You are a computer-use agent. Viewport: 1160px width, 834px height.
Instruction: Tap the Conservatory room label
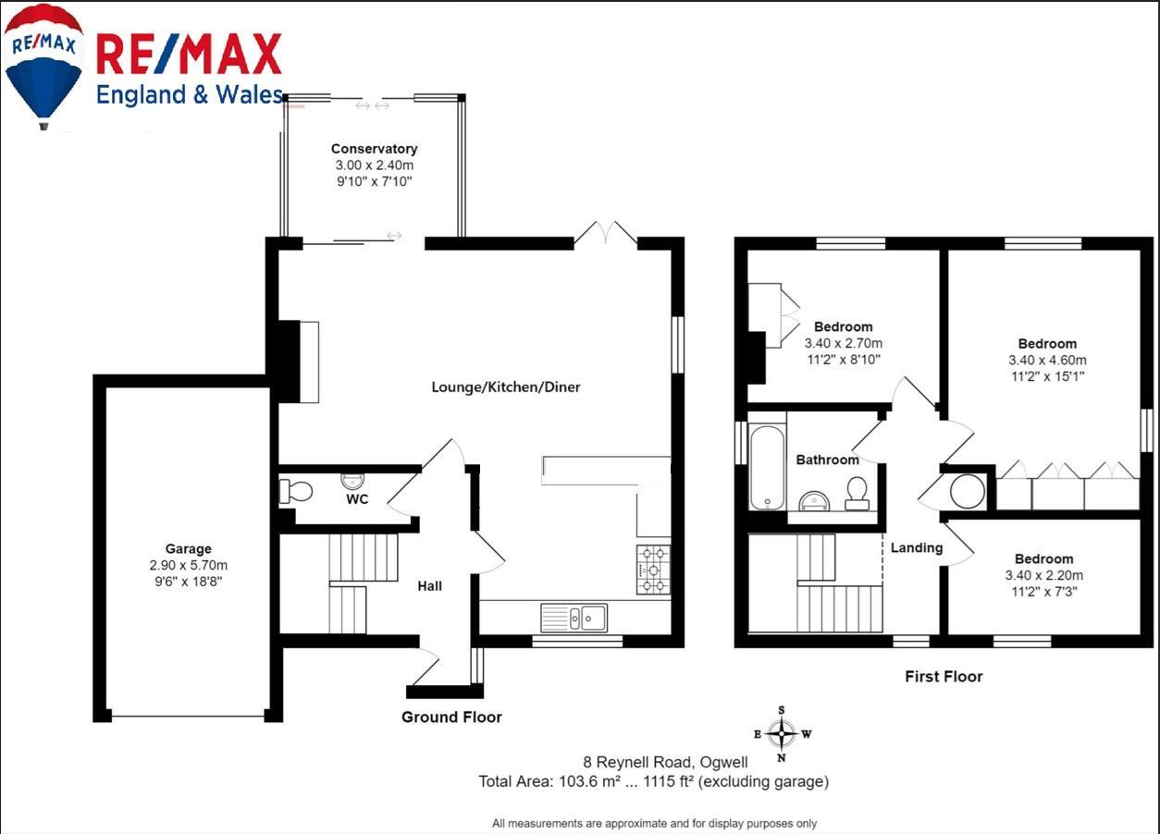(x=374, y=149)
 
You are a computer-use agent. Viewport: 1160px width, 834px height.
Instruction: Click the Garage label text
(x=189, y=549)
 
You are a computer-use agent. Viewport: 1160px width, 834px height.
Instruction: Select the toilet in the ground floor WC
(x=293, y=491)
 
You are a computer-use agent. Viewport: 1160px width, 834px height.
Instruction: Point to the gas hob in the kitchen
(x=653, y=570)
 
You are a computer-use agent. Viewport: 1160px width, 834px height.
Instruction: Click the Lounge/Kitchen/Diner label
(x=506, y=387)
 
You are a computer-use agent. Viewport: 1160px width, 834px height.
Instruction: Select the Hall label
(x=429, y=585)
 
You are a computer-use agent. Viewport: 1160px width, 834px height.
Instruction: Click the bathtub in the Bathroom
(x=767, y=467)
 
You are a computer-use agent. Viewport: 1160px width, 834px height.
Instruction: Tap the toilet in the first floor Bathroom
(x=857, y=492)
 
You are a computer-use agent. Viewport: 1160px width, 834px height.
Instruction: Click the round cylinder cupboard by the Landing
(x=968, y=491)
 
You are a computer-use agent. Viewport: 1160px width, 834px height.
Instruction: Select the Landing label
(x=916, y=547)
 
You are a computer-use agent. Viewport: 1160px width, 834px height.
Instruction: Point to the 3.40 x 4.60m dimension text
(x=1047, y=361)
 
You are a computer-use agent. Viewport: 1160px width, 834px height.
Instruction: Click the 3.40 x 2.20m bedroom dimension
(x=1043, y=575)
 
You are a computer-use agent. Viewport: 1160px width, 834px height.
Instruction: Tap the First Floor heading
(x=943, y=677)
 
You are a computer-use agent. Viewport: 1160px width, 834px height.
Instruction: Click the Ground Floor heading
(x=451, y=717)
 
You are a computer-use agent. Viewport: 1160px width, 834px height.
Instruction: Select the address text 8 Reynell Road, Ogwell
(x=665, y=763)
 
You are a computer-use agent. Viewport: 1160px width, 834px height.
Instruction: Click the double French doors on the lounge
(x=606, y=234)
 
